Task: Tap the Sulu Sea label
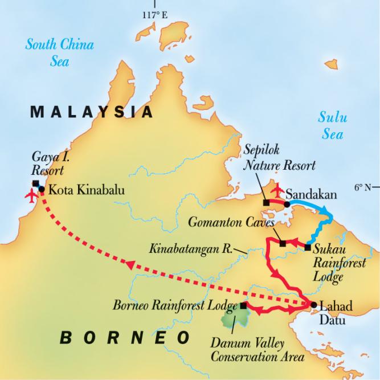(330, 126)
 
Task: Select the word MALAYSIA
(92, 112)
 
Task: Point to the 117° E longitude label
(155, 15)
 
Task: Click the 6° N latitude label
(364, 187)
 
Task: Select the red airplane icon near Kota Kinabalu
(30, 195)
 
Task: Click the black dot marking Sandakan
(287, 203)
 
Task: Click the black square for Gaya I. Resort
(36, 183)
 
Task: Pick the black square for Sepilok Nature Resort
(265, 202)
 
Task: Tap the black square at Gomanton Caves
(283, 243)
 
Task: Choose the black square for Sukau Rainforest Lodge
(308, 247)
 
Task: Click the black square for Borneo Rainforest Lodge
(244, 306)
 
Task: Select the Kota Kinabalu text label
(86, 189)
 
